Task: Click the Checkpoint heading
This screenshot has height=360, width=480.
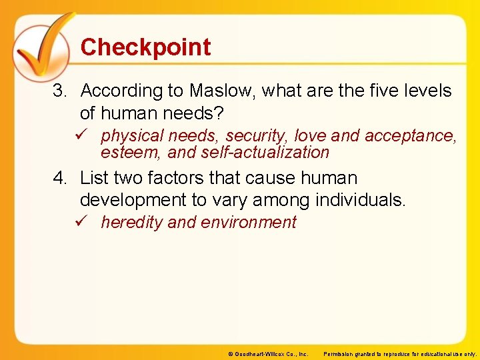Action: pos(145,47)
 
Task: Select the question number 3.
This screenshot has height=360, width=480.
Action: pos(60,91)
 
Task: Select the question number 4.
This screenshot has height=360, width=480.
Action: pos(60,179)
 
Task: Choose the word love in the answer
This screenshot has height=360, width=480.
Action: pos(310,136)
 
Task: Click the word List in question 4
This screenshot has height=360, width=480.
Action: pos(94,179)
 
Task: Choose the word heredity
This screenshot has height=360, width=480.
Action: pos(131,223)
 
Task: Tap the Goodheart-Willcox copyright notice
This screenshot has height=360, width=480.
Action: pos(267,354)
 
